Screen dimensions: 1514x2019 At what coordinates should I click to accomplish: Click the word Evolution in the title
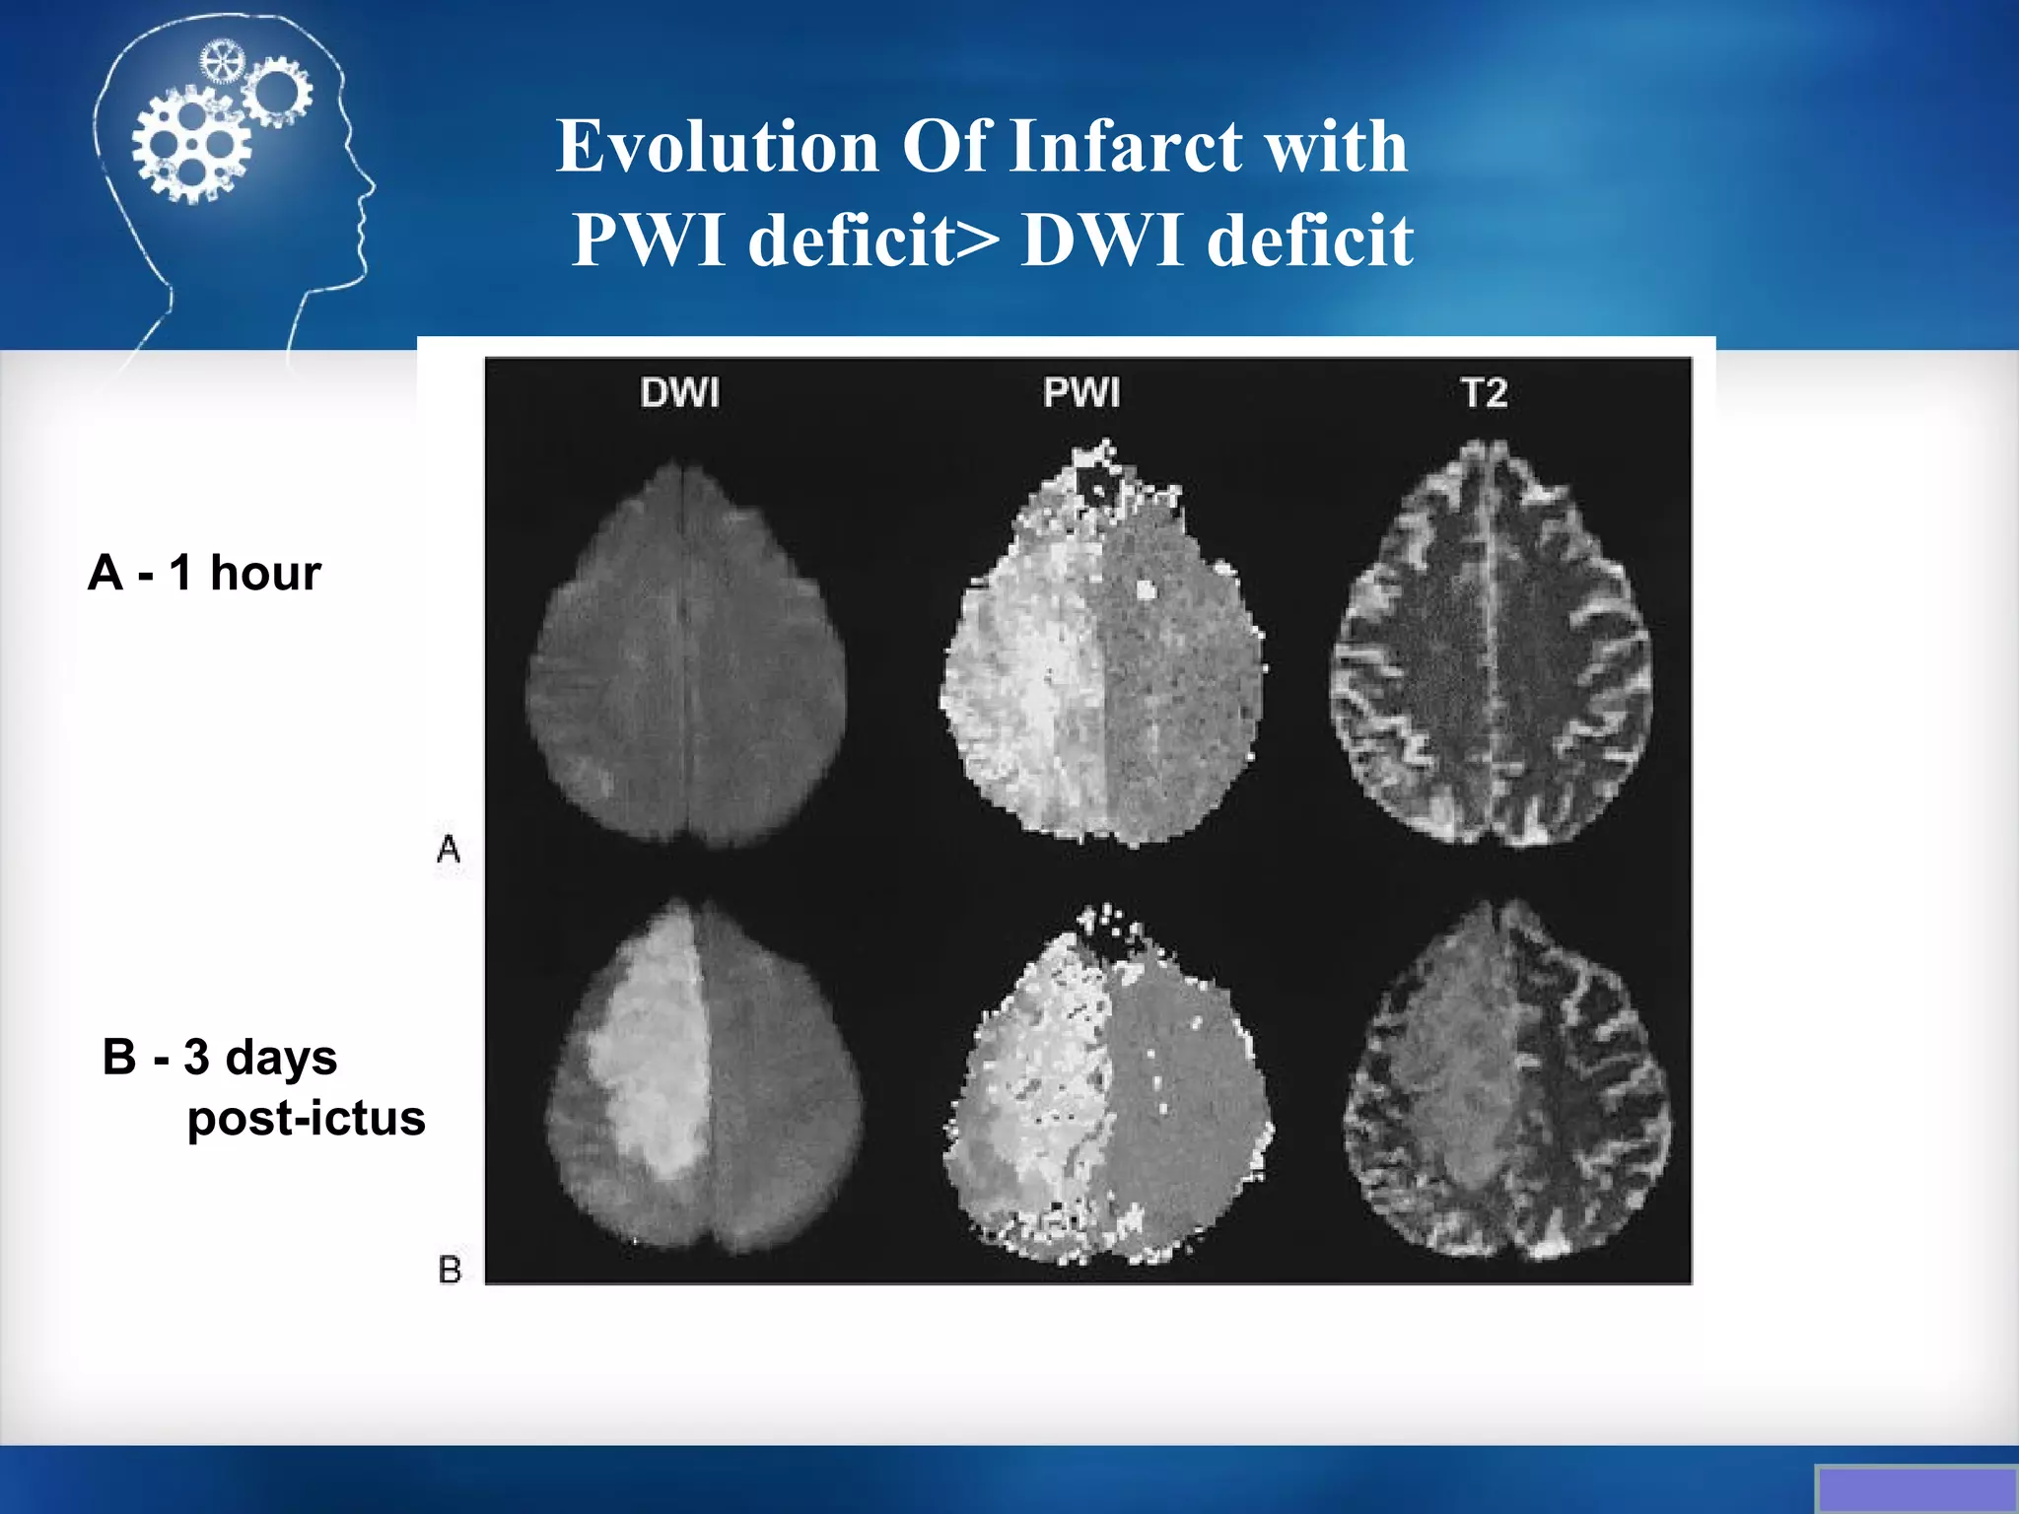click(x=717, y=147)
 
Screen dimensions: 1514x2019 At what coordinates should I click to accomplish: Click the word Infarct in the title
click(x=1126, y=147)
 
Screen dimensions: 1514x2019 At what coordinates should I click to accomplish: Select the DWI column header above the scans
click(x=679, y=392)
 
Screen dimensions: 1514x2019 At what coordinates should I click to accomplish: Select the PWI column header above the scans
click(x=1081, y=392)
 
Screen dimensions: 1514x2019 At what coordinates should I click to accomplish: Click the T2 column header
click(x=1484, y=392)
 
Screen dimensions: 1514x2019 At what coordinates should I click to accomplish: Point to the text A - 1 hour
click(x=204, y=573)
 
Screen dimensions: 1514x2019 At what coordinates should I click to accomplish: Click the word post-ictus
click(x=306, y=1118)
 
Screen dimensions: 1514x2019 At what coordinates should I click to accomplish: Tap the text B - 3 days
click(x=220, y=1057)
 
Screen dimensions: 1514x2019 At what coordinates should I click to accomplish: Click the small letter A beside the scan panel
click(x=449, y=848)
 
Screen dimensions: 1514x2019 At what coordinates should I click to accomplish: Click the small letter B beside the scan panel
click(x=450, y=1269)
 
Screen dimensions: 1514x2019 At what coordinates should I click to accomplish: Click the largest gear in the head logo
click(x=192, y=146)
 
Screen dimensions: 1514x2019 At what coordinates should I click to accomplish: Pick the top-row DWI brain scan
click(x=686, y=655)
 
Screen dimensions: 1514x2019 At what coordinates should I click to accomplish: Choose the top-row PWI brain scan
click(x=1102, y=651)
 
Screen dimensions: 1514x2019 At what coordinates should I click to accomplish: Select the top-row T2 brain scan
click(x=1491, y=646)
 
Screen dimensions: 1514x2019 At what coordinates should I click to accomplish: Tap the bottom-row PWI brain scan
click(x=1108, y=1084)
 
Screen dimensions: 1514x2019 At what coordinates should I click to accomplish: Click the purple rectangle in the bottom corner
click(x=1916, y=1489)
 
